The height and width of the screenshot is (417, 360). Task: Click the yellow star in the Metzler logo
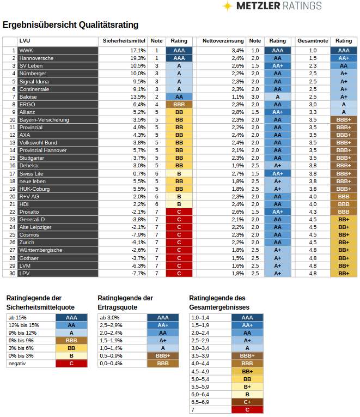(x=228, y=6)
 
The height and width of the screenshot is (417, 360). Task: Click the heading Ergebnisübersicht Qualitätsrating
(x=70, y=25)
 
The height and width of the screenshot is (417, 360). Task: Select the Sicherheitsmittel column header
(x=124, y=41)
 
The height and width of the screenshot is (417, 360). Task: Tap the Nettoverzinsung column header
(x=223, y=41)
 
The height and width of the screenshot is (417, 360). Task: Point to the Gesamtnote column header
(x=313, y=41)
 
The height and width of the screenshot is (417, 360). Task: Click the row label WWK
(x=26, y=51)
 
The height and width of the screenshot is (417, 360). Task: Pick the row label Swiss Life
(x=31, y=174)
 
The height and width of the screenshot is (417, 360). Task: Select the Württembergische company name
(x=41, y=250)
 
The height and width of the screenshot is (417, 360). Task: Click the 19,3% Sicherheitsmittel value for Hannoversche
(x=138, y=58)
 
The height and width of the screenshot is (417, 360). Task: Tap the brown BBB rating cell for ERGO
(x=179, y=105)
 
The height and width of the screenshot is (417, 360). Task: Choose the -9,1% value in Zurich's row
(x=138, y=243)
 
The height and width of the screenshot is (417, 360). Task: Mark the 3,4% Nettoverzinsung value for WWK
(x=237, y=51)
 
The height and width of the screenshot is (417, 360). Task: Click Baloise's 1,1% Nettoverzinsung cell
(x=237, y=97)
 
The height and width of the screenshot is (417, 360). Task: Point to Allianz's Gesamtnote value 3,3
(x=313, y=112)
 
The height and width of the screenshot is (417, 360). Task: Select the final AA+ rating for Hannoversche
(x=344, y=58)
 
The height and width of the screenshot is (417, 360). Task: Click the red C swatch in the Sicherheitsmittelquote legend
(x=71, y=364)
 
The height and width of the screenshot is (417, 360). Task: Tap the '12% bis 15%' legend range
(x=24, y=325)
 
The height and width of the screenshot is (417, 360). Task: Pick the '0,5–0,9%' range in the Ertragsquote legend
(x=111, y=356)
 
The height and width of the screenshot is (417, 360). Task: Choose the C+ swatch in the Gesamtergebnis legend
(x=247, y=402)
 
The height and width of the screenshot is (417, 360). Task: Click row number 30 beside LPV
(x=13, y=274)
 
